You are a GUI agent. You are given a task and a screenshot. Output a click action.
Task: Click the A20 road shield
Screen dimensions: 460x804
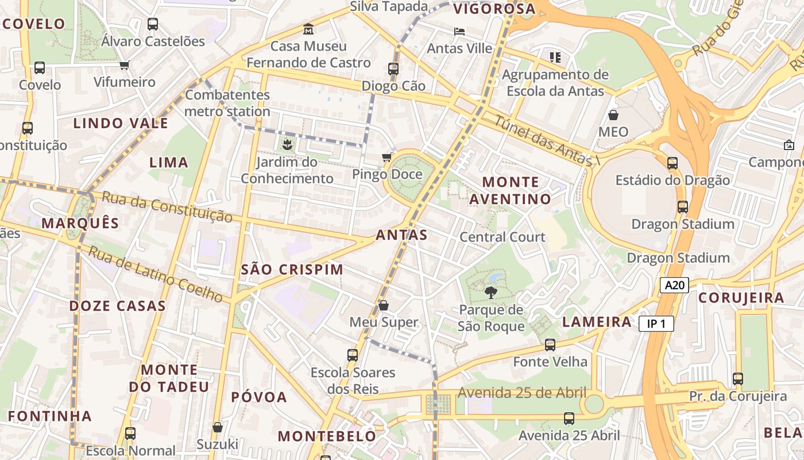pos(674,285)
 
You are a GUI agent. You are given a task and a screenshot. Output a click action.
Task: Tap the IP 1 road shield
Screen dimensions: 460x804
pos(656,324)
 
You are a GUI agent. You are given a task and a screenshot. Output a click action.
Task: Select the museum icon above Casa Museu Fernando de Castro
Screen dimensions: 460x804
pos(308,29)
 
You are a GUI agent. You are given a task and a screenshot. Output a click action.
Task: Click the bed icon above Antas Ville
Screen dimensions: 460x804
pos(459,31)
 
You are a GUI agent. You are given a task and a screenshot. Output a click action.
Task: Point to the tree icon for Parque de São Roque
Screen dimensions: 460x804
pos(490,293)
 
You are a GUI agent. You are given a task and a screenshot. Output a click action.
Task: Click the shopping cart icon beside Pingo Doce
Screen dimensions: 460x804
pos(387,157)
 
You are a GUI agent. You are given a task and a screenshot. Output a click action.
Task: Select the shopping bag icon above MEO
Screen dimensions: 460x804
pos(613,115)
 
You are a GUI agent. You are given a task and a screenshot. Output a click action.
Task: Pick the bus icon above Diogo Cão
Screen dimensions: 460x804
pos(393,69)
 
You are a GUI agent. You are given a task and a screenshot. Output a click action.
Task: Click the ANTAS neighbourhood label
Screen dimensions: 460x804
pos(401,235)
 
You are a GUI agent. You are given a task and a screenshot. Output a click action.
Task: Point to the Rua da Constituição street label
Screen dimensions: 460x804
pos(167,207)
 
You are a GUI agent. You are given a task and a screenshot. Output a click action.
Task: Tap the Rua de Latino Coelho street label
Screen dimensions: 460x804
pos(155,274)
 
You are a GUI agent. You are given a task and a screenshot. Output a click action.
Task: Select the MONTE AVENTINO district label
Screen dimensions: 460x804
pos(511,191)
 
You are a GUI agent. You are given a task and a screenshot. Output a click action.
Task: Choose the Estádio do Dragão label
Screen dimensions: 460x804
pos(672,181)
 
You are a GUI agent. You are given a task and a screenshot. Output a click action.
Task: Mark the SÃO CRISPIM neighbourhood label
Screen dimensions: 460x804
pos(292,269)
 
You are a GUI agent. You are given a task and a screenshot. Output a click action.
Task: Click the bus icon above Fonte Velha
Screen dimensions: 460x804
pos(550,345)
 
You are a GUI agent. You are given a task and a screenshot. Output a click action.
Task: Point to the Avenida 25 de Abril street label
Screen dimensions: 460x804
pos(521,393)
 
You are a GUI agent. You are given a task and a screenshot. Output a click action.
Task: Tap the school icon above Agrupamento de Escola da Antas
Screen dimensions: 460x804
pos(555,57)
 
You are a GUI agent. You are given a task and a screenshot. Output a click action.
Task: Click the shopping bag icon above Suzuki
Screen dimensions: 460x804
pos(218,427)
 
